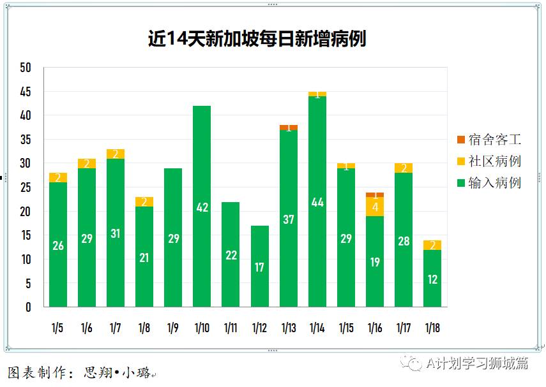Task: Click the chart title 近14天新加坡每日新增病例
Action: [x=257, y=39]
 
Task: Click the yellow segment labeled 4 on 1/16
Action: [x=375, y=207]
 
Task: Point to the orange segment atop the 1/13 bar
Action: [x=289, y=128]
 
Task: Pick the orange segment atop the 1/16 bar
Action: [x=375, y=194]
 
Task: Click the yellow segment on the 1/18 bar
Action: [x=432, y=245]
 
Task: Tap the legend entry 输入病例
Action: [x=489, y=183]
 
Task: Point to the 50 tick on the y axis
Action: [x=26, y=68]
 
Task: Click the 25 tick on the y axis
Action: [x=26, y=187]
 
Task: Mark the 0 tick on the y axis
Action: [x=28, y=307]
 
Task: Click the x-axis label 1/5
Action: [x=57, y=328]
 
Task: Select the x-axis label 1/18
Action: [x=432, y=328]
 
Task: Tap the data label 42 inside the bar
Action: [x=202, y=207]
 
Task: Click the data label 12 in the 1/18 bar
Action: [x=432, y=279]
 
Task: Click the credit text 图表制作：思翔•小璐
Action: [x=80, y=372]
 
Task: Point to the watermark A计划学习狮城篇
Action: [x=478, y=363]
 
